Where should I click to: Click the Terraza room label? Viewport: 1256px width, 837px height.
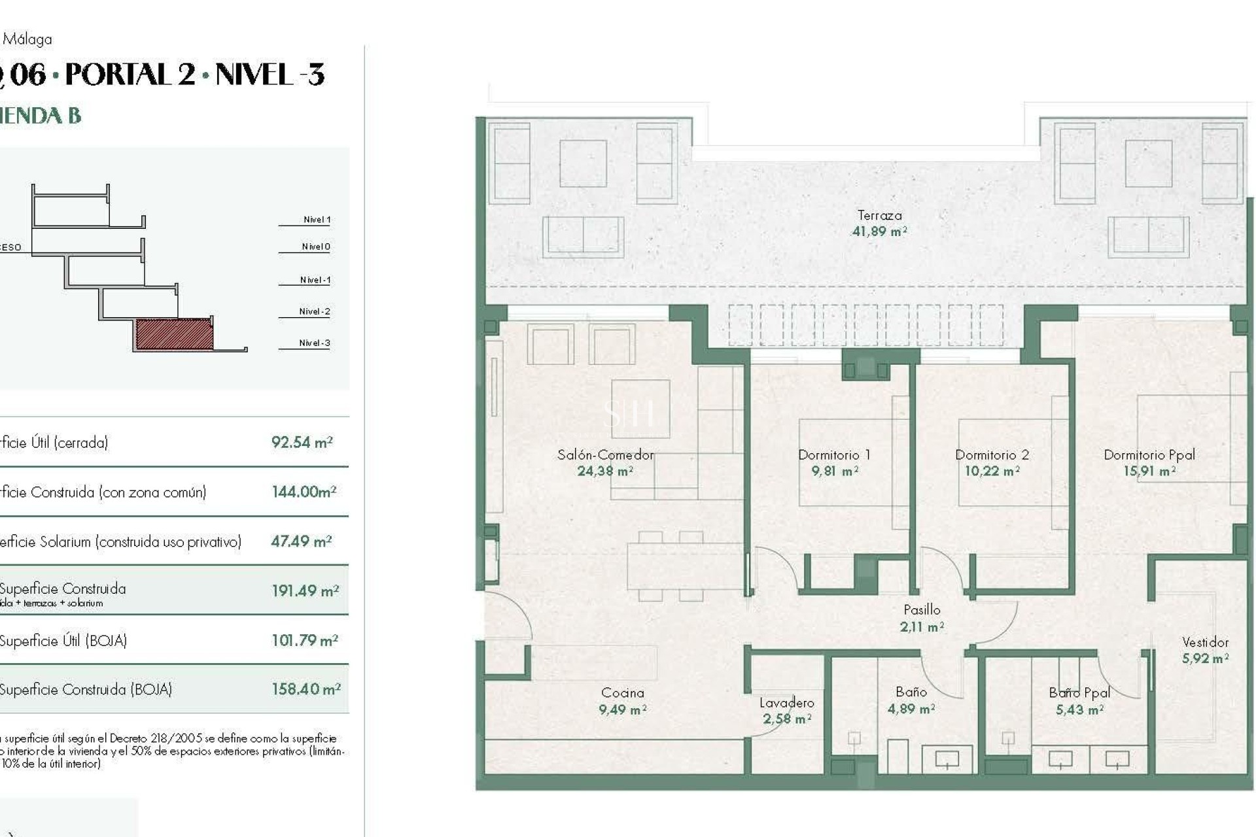(x=879, y=215)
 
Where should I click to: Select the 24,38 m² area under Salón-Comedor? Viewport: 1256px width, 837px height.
(x=604, y=471)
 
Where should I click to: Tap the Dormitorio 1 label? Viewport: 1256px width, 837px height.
(x=834, y=454)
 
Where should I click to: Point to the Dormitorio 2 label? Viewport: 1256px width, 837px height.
(x=992, y=454)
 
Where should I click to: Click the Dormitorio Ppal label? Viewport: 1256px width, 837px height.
(x=1149, y=454)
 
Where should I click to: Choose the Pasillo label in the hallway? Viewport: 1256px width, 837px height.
(x=922, y=609)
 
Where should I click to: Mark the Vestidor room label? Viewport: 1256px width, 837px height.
(x=1205, y=642)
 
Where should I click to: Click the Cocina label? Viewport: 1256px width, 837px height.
(x=622, y=692)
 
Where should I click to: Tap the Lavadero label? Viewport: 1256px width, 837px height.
(x=786, y=703)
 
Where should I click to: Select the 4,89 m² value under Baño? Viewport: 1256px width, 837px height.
(x=911, y=709)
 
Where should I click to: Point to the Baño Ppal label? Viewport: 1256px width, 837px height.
(x=1079, y=692)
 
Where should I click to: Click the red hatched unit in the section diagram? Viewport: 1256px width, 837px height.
(x=174, y=334)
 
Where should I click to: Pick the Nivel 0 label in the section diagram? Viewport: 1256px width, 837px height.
(x=315, y=247)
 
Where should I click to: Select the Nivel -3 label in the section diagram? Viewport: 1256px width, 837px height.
(x=314, y=343)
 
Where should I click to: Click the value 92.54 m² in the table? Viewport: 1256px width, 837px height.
(x=302, y=443)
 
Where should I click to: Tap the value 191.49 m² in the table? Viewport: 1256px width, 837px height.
(x=305, y=591)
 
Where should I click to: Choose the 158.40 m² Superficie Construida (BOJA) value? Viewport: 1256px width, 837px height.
(x=305, y=689)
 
